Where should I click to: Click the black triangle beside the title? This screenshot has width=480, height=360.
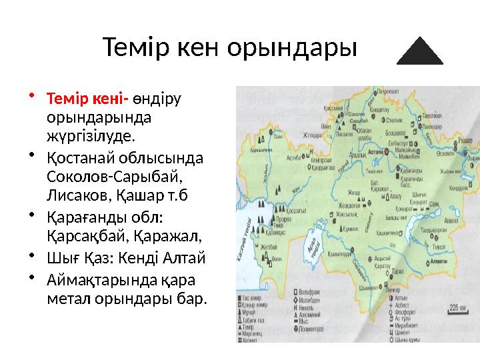click(420, 53)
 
